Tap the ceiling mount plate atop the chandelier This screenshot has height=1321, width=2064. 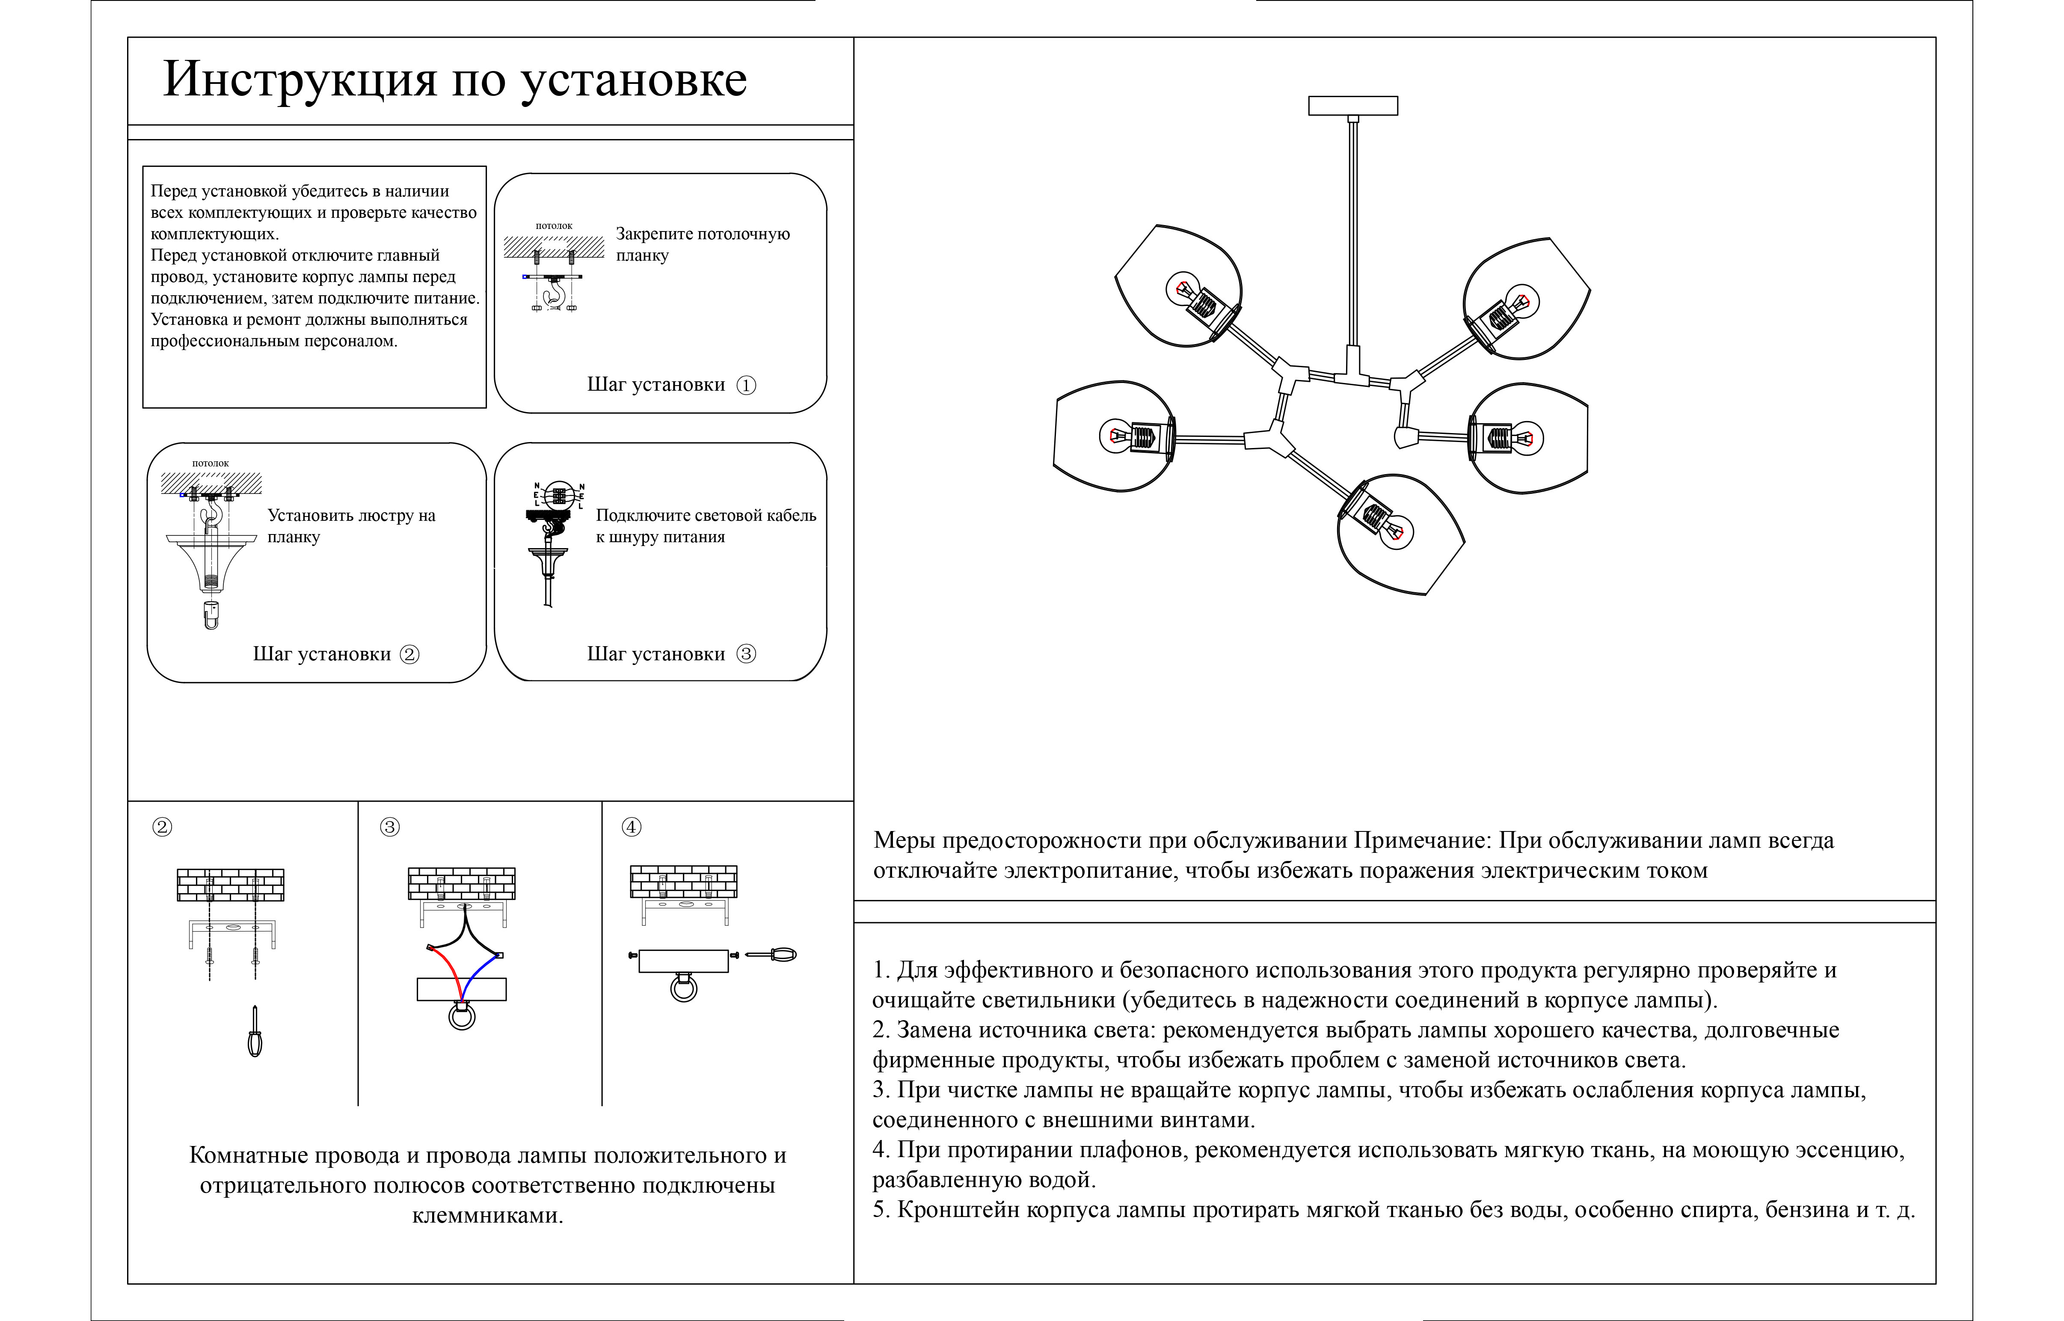1352,106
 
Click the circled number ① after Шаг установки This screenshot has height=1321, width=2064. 746,385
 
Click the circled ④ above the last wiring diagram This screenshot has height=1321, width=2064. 631,827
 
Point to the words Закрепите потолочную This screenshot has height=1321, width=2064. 702,234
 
